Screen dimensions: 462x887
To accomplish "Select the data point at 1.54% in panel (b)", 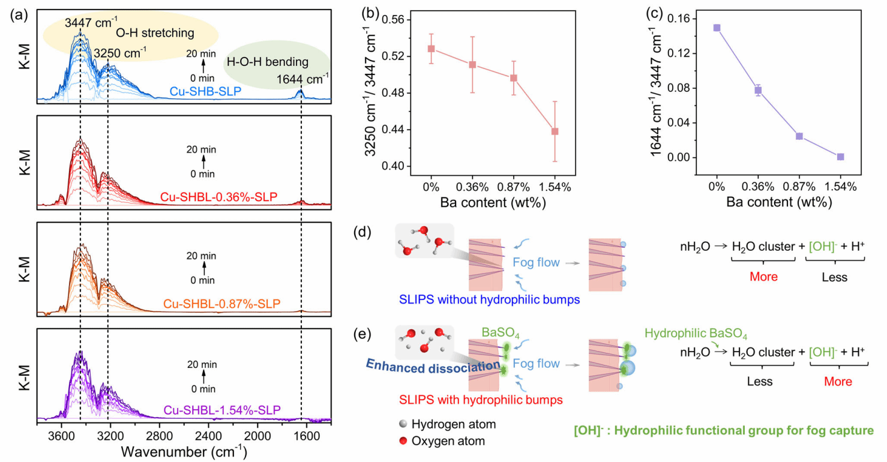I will [x=555, y=131].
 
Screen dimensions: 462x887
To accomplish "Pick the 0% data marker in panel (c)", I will [x=717, y=28].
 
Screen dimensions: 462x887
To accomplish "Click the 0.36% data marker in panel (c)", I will [x=758, y=90].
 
